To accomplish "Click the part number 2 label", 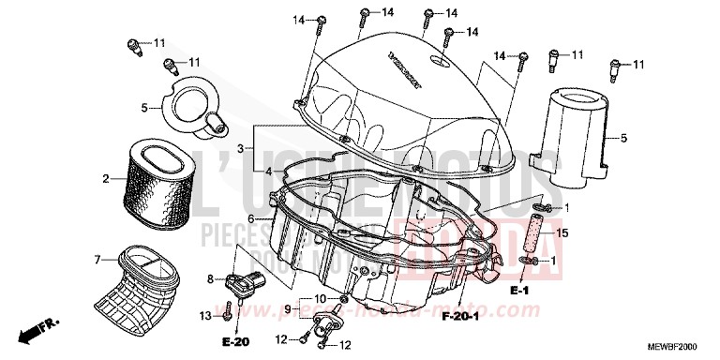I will [x=107, y=178].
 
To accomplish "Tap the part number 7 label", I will [x=97, y=259].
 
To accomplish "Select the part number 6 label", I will [x=251, y=217].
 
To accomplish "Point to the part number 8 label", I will [x=211, y=277].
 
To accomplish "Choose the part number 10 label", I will [x=321, y=298].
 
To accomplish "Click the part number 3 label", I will [x=240, y=149].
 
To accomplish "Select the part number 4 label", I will [x=240, y=172].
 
